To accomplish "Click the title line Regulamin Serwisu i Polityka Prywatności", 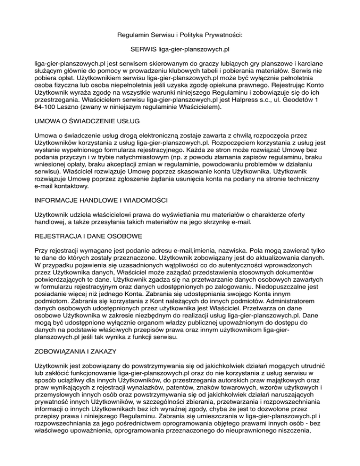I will (180, 34).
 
